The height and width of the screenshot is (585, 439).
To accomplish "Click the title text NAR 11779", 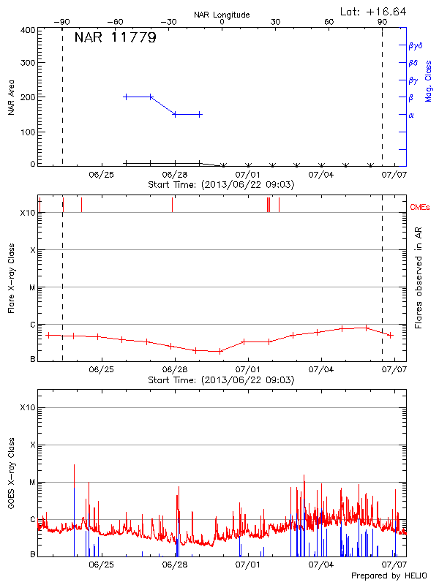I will point(115,38).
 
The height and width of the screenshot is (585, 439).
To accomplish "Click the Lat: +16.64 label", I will point(374,11).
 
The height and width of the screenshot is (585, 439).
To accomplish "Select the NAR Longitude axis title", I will point(222,14).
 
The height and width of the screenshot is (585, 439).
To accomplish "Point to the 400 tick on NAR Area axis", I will point(28,30).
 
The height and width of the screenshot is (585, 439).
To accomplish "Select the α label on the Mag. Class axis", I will point(411,115).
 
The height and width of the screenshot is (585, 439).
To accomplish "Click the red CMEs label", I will point(421,208).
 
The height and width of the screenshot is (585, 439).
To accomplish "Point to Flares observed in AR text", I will point(418,277).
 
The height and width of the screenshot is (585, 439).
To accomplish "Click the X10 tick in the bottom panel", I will point(26,407).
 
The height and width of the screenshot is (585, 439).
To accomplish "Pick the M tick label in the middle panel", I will point(31,287).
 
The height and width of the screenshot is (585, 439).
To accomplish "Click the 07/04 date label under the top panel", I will point(321,175).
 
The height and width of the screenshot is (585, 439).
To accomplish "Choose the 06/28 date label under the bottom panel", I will point(175,565).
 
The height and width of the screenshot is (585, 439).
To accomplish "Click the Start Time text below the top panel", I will point(221,185).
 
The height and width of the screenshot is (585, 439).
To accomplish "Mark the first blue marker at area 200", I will point(126,97).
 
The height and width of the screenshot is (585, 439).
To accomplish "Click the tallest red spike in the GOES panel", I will point(74,465).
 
